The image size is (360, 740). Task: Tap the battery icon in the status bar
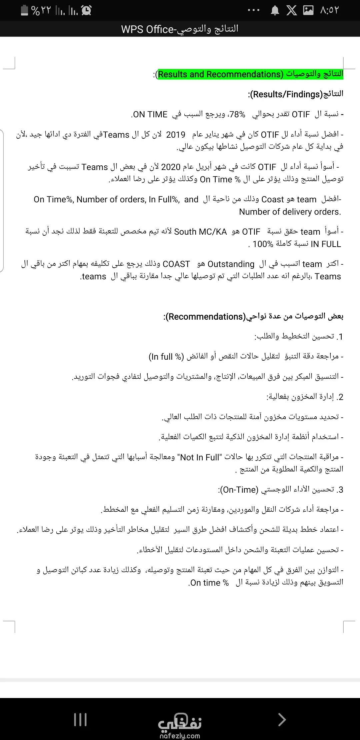(x=24, y=10)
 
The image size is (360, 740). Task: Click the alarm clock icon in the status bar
(x=86, y=10)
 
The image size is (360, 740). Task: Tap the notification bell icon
(x=275, y=11)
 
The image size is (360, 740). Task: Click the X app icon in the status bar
(x=292, y=11)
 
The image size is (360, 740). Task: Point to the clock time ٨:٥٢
(x=329, y=11)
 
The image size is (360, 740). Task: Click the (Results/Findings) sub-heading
(x=286, y=94)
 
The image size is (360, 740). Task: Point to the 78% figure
(x=237, y=114)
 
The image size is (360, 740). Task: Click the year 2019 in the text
(x=176, y=135)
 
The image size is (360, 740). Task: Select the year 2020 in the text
(x=171, y=167)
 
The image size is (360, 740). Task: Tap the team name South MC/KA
(x=200, y=232)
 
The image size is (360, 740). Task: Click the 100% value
(x=263, y=244)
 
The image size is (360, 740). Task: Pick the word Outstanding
(x=231, y=264)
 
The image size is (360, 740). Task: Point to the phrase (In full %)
(x=166, y=357)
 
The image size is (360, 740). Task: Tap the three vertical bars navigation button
(x=80, y=720)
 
